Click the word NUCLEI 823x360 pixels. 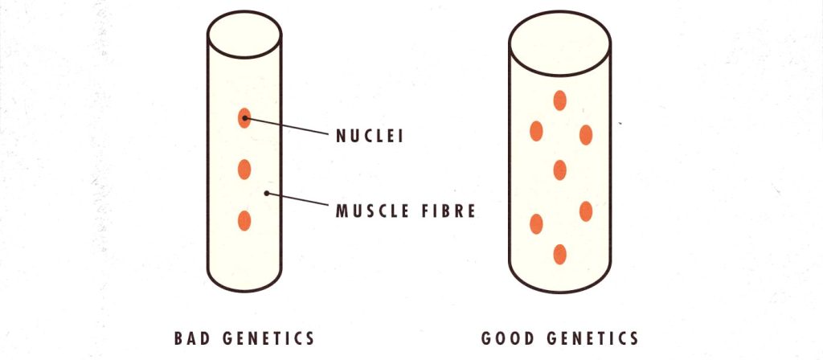pos(370,136)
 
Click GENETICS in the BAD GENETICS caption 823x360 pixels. pos(268,338)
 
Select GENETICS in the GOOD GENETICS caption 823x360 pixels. pos(592,338)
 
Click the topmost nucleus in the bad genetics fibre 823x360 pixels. pos(244,118)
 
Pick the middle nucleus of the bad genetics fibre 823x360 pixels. pos(244,170)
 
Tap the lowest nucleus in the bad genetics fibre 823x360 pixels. pos(244,220)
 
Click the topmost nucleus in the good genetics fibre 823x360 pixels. pos(559,100)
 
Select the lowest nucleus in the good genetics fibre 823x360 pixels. pos(559,254)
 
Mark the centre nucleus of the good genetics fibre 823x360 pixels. pos(559,170)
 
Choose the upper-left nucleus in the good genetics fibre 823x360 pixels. pos(536,131)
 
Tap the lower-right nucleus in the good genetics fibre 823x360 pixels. pos(586,211)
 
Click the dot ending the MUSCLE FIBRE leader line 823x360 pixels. pos(267,193)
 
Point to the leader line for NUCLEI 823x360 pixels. pos(285,126)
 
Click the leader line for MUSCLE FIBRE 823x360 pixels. pos(297,199)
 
